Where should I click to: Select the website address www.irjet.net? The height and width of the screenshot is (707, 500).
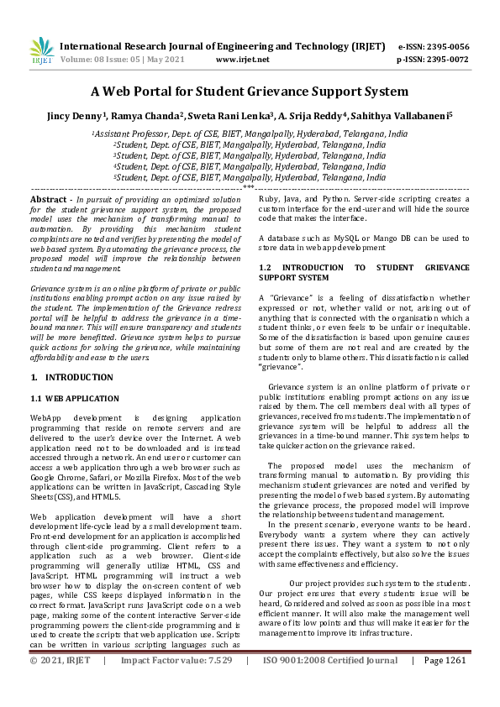click(x=243, y=60)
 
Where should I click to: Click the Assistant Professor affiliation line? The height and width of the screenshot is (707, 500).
click(x=250, y=134)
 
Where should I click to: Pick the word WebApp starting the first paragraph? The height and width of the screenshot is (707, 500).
click(x=47, y=416)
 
